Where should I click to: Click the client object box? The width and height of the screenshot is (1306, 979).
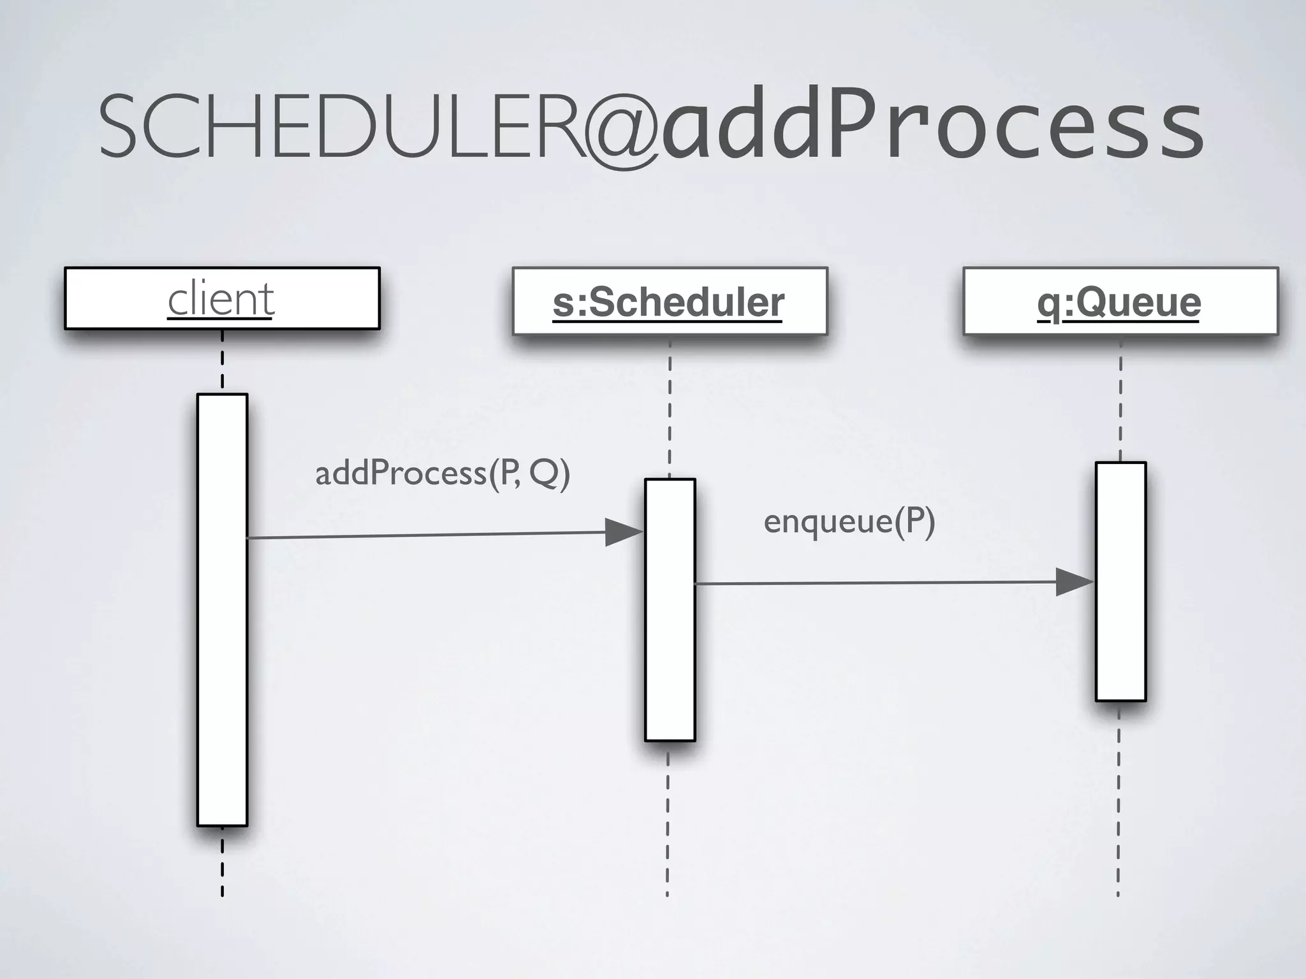click(222, 298)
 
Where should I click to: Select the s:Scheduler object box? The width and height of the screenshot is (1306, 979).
click(670, 301)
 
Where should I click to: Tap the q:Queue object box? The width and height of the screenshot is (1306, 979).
click(1120, 301)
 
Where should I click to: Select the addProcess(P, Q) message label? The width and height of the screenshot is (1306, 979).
click(443, 474)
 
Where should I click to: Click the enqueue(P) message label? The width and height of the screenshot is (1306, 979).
click(849, 522)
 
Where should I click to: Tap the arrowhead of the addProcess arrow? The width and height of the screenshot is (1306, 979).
click(622, 532)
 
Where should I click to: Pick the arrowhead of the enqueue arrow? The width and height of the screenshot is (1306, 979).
click(1074, 582)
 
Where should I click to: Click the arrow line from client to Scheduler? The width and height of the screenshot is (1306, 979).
click(421, 535)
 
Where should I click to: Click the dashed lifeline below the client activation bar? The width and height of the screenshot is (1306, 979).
click(222, 864)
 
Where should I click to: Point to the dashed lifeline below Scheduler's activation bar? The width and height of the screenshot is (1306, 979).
click(668, 822)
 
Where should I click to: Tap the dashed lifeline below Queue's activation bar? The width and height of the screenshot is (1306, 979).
click(1119, 803)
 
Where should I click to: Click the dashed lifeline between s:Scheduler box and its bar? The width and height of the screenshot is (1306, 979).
click(670, 408)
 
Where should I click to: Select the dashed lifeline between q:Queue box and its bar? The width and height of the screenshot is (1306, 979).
click(1120, 398)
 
